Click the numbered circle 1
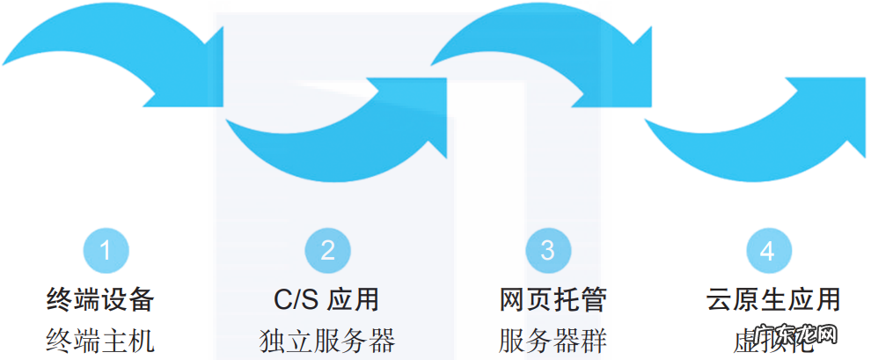pos(106,251)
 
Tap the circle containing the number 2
pos(327,251)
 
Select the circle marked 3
pos(547,251)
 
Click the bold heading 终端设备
pos(100,299)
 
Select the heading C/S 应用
pos(326,299)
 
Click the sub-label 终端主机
pos(100,340)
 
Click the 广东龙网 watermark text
pos(795,337)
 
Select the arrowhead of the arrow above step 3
pos(629,79)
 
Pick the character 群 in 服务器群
pos(593,340)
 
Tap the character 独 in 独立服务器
pos(274,340)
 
